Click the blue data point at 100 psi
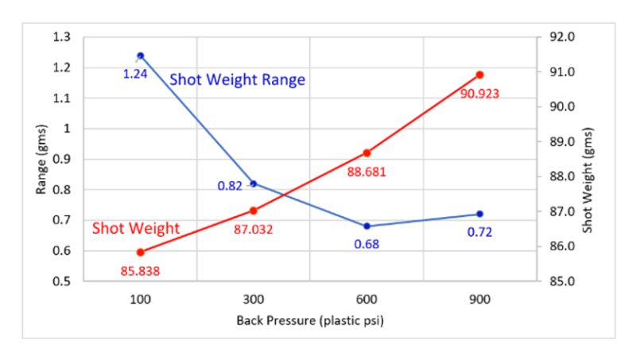tap(141, 56)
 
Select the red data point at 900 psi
tap(479, 75)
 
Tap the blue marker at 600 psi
tap(366, 226)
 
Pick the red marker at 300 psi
tap(254, 211)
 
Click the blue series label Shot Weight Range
tap(238, 80)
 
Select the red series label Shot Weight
tap(136, 229)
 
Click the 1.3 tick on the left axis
tap(62, 37)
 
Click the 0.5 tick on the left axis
tap(62, 281)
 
